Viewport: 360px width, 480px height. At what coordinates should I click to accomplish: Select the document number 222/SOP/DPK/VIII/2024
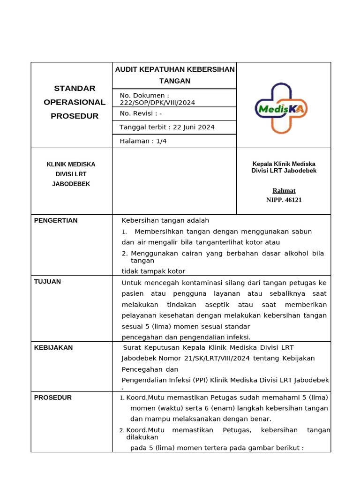pos(157,103)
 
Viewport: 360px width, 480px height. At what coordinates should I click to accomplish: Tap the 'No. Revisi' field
pos(141,113)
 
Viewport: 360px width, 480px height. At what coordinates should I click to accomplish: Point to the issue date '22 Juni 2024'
pos(194,127)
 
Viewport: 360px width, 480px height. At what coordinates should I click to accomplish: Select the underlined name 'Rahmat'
pos(284,190)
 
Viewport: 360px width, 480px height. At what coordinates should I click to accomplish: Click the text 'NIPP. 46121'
pos(284,200)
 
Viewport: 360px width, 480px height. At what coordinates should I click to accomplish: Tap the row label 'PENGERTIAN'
pos(56,220)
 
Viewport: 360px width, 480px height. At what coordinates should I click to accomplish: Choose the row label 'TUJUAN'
pos(47,281)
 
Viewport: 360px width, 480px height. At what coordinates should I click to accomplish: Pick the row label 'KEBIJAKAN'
pos(53,347)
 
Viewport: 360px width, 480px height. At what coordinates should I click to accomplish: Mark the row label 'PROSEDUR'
pos(53,397)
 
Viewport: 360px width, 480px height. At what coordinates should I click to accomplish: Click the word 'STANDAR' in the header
pos(75,89)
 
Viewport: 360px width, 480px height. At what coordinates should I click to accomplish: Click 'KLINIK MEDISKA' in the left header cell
pos(71,165)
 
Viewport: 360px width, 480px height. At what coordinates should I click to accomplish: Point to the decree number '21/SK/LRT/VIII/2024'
pos(218,358)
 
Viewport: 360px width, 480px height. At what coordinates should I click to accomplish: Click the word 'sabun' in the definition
pos(301,231)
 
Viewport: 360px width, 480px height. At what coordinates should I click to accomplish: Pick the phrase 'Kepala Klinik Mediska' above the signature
pos(284,164)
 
